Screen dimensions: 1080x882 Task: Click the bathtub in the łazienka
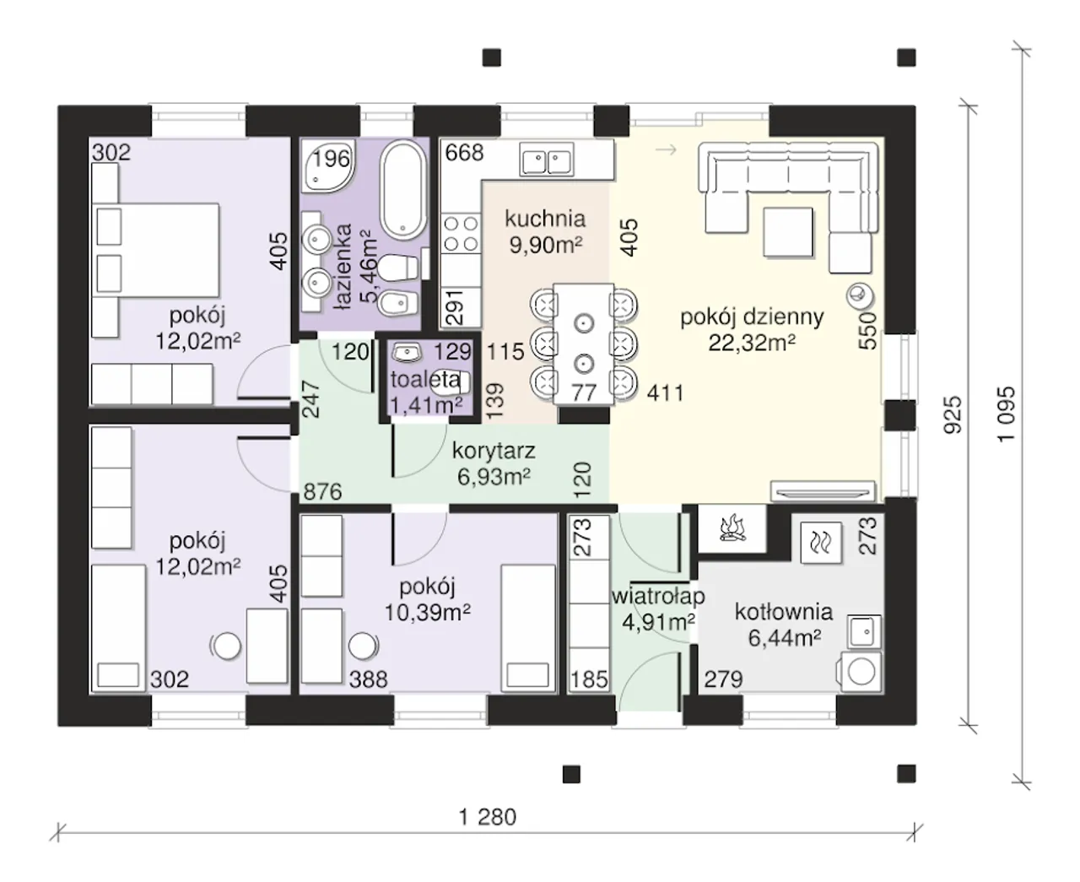[402, 190]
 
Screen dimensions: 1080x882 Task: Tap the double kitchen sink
[547, 160]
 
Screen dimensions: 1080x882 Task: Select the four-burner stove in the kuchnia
[461, 234]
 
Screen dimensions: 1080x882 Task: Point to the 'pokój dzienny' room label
[752, 317]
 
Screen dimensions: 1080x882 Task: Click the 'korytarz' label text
[494, 452]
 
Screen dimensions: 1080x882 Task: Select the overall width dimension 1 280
[488, 816]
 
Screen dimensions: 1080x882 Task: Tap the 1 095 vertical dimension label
[1006, 414]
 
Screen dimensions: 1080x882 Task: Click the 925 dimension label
[953, 415]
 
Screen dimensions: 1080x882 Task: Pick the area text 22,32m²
[752, 344]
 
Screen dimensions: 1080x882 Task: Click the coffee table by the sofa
[787, 232]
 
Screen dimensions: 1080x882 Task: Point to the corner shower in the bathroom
[327, 165]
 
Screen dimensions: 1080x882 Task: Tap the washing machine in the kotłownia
[860, 671]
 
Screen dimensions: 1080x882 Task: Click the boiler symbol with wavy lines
[821, 543]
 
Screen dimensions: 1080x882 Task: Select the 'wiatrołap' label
[658, 597]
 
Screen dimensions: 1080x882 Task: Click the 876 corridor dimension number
[322, 492]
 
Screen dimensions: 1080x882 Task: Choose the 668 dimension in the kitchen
[464, 153]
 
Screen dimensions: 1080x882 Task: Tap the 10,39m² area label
[428, 612]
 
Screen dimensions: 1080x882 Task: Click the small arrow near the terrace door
[667, 149]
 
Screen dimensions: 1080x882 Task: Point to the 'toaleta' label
[425, 380]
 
